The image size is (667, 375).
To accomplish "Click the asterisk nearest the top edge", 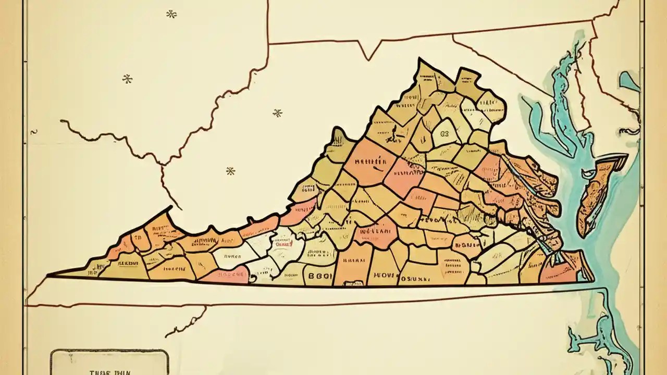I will [x=171, y=14].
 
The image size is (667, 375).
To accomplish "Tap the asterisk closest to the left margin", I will [x=127, y=79].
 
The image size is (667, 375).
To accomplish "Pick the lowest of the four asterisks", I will [x=230, y=171].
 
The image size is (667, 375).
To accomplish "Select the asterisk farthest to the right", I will [x=277, y=113].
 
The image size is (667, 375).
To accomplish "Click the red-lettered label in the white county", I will [x=283, y=243].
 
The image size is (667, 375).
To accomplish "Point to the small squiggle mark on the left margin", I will [x=34, y=132].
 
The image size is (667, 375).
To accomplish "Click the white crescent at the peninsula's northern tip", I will [x=620, y=157].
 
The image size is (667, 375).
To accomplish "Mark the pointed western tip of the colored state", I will [x=50, y=275].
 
